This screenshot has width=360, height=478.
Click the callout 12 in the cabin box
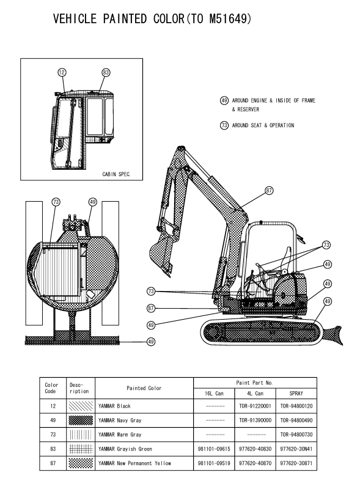(x=62, y=72)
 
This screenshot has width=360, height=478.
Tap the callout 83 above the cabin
(x=106, y=73)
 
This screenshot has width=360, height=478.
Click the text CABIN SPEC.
(x=117, y=174)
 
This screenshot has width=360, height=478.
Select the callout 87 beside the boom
(x=269, y=191)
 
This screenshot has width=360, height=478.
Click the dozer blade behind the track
(x=332, y=336)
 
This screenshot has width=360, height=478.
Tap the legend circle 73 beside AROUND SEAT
(x=224, y=125)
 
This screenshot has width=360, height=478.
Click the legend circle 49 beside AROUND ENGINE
(x=224, y=100)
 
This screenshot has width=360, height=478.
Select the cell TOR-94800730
(x=296, y=435)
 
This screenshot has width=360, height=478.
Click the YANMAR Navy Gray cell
(x=120, y=421)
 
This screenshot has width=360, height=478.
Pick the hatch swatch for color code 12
(x=81, y=406)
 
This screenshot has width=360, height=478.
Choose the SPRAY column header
(x=296, y=393)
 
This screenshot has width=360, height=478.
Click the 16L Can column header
(x=214, y=393)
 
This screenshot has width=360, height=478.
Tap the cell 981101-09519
(x=214, y=463)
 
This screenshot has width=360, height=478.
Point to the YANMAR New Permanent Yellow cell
(x=134, y=463)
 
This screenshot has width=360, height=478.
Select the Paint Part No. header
(x=254, y=383)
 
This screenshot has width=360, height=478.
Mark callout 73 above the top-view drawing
(x=56, y=202)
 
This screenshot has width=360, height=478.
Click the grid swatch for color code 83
(x=81, y=449)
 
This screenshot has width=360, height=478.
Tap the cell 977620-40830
(x=255, y=449)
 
